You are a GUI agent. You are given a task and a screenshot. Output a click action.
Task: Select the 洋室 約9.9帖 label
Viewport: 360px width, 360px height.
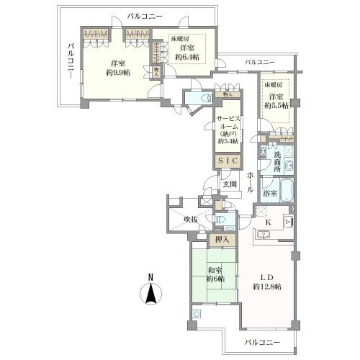[x=115, y=67]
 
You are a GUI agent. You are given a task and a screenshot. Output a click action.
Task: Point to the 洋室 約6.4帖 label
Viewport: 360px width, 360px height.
[x=185, y=53]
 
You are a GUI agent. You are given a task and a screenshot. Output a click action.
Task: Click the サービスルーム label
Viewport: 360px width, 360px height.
[x=230, y=127]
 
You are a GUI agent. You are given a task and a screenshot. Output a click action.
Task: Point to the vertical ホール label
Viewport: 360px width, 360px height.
[x=249, y=182]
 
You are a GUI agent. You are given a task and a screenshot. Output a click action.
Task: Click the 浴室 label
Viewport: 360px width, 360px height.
[x=271, y=193]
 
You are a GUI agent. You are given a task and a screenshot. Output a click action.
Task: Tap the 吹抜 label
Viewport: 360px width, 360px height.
[x=190, y=219]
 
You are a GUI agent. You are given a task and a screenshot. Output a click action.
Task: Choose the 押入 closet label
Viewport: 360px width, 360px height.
[x=222, y=240]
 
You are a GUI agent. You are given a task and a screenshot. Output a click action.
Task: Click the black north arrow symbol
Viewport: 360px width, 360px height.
[x=150, y=294]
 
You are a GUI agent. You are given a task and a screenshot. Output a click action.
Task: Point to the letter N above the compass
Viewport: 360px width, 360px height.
[x=150, y=276]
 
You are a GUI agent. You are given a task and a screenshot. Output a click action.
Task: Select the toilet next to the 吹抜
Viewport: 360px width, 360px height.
[x=224, y=220]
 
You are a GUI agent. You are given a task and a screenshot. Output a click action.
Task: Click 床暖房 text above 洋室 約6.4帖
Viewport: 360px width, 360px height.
[x=180, y=38]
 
